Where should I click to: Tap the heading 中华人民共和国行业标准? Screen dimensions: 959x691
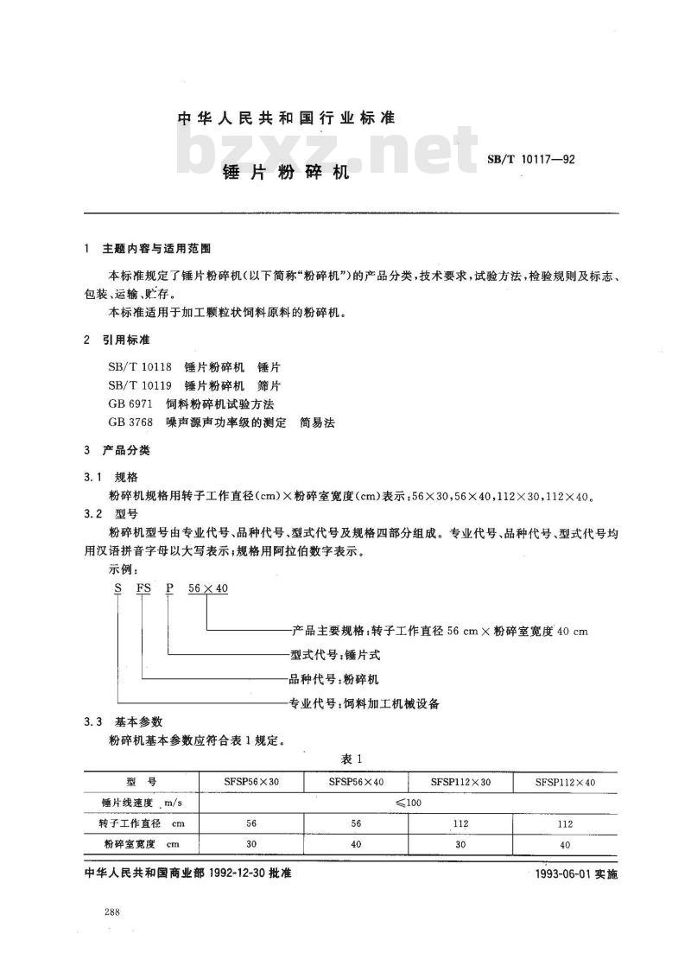pyautogui.click(x=286, y=117)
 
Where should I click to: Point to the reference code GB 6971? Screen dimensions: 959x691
pyautogui.click(x=129, y=403)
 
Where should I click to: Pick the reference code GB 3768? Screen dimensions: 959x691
pyautogui.click(x=129, y=422)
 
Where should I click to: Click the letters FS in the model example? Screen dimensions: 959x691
pyautogui.click(x=141, y=588)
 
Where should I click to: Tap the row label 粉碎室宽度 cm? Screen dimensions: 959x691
pyautogui.click(x=141, y=844)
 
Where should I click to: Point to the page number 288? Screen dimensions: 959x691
pyautogui.click(x=111, y=912)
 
